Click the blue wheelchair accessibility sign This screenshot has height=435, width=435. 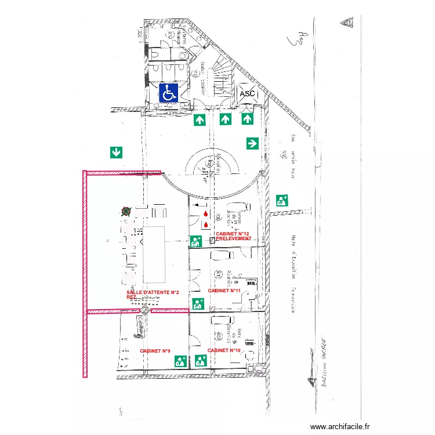point(169,93)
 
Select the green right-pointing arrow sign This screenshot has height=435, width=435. point(252,143)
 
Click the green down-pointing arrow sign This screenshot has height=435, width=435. point(116,153)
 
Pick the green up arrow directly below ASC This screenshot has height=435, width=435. point(247,119)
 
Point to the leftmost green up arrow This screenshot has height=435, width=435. point(200,120)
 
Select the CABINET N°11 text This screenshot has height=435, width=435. point(224,290)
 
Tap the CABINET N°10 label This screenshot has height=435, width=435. point(224,350)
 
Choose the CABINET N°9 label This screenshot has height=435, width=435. point(155,351)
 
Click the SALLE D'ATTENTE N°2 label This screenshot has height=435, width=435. point(152,292)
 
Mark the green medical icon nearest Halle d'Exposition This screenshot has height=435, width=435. point(282,201)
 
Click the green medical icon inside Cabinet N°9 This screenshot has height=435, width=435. point(180,361)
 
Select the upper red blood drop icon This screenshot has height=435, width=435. point(206,215)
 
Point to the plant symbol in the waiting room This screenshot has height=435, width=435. point(125,213)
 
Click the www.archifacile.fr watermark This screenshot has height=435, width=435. point(340,426)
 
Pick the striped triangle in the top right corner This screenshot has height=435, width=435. point(348,22)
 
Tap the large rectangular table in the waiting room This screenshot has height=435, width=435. point(156,254)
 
